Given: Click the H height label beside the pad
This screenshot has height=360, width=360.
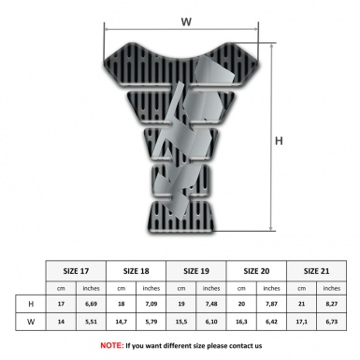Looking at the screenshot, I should pyautogui.click(x=278, y=141).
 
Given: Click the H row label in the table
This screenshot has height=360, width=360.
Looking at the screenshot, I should pyautogui.click(x=32, y=304).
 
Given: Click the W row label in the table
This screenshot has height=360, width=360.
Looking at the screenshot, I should pyautogui.click(x=32, y=321).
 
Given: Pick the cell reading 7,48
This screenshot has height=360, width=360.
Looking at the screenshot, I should pyautogui.click(x=212, y=304).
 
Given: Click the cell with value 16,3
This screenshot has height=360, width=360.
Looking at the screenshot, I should pyautogui.click(x=242, y=321).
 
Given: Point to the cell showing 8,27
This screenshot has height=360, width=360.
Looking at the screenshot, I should pyautogui.click(x=331, y=304).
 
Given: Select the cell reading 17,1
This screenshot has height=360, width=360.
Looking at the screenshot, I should pyautogui.click(x=301, y=321).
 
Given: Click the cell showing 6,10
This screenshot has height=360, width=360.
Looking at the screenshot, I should pyautogui.click(x=212, y=321).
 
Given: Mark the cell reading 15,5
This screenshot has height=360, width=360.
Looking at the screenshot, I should pyautogui.click(x=182, y=321).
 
